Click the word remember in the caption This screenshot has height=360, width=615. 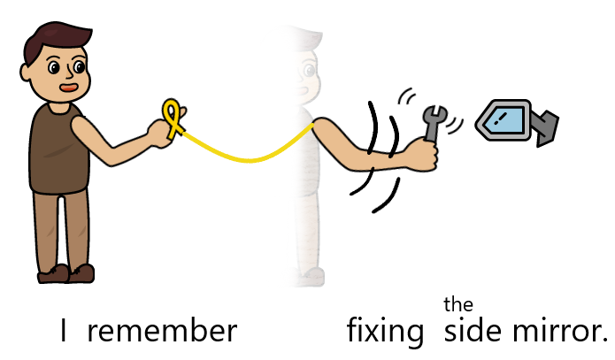coord(162,332)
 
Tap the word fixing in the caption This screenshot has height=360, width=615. coord(385,333)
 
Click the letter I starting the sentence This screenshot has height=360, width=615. coord(64,332)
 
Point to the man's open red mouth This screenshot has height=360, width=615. coord(67,88)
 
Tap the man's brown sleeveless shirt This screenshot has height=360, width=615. coord(58,150)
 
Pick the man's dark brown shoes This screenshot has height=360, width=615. coord(67,272)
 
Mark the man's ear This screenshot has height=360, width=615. coord(33,66)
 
